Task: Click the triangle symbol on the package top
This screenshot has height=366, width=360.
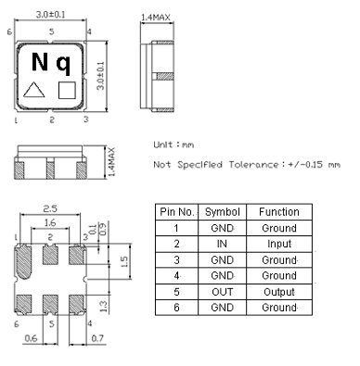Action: point(34,91)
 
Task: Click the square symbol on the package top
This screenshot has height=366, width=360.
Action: point(66,91)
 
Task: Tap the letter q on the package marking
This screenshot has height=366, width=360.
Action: point(64,64)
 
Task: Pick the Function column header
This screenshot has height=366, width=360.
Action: point(278,211)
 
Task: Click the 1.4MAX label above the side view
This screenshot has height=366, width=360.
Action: point(155,17)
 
